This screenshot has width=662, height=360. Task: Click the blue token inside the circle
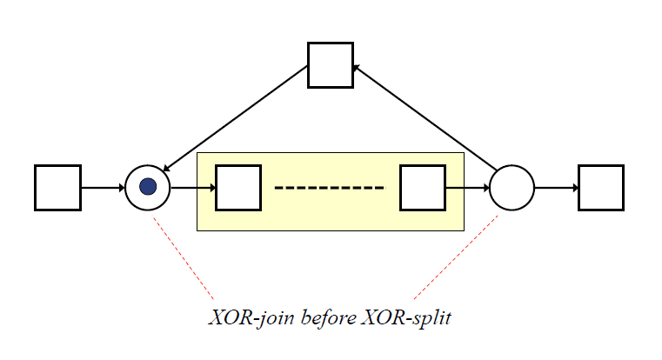tap(148, 187)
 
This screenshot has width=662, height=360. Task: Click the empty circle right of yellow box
tap(512, 187)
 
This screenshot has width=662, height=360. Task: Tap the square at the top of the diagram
tap(331, 65)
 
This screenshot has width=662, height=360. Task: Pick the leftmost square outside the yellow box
tap(57, 187)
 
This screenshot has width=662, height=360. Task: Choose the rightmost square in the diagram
tap(601, 187)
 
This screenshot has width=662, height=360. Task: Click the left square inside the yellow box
tap(237, 187)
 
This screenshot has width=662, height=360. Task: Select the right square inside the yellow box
tap(423, 187)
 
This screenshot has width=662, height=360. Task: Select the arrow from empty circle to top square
tap(426, 121)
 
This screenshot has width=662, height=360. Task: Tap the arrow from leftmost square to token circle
tap(103, 187)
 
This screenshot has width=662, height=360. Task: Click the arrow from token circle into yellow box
tap(192, 187)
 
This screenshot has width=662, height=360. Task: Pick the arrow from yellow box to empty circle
tap(467, 187)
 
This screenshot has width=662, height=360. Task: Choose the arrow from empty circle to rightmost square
tap(556, 187)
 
